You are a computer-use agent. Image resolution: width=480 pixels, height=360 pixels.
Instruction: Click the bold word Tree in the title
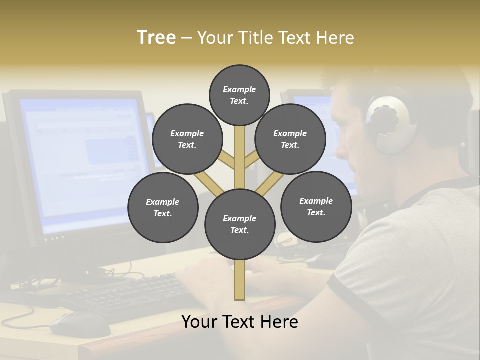tap(156, 37)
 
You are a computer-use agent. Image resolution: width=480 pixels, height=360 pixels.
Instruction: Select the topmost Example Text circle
tap(239, 95)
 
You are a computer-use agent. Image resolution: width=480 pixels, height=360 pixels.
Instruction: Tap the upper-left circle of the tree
tap(187, 139)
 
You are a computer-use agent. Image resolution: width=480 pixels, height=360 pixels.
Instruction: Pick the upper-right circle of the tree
tap(290, 139)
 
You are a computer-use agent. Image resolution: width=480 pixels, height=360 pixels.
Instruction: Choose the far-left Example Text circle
tap(163, 207)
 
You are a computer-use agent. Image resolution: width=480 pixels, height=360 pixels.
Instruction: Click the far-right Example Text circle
tap(316, 206)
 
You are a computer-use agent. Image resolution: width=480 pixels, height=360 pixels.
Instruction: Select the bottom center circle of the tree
tap(240, 224)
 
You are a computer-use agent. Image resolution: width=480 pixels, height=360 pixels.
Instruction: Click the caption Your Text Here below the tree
tap(240, 322)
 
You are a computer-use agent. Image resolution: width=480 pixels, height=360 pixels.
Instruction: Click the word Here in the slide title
tap(335, 37)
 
